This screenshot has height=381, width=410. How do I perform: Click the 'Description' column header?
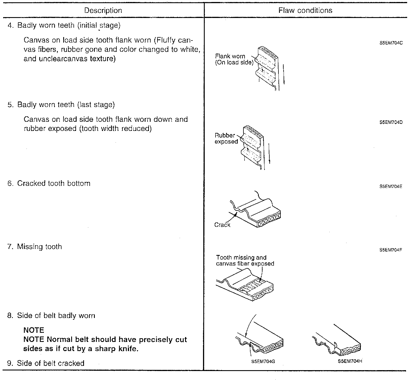[103, 11]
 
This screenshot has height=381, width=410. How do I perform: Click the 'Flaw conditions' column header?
[305, 11]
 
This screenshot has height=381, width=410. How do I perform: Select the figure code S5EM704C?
[391, 43]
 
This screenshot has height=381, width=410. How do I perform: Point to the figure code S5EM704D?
[391, 123]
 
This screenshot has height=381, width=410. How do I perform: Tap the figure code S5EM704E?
[391, 187]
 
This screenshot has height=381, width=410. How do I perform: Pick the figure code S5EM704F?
[391, 250]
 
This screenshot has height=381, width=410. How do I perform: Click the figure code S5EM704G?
[263, 362]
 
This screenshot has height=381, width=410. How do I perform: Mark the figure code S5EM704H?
[350, 361]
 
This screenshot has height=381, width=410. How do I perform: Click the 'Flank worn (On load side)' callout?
[234, 59]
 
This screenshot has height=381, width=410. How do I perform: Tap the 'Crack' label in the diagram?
[222, 225]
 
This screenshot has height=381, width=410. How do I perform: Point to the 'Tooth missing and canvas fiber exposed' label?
[245, 261]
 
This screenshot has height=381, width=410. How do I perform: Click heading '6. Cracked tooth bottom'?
[49, 183]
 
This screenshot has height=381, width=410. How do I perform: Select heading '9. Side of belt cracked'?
[46, 363]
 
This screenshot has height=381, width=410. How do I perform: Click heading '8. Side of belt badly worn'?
[51, 316]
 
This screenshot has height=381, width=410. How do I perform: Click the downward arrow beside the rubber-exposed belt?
[269, 154]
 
